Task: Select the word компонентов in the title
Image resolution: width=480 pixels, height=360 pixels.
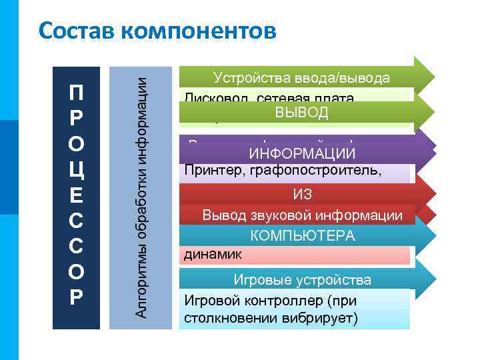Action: coord(197,31)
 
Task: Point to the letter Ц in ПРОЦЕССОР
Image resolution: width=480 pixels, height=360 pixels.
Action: coord(76,167)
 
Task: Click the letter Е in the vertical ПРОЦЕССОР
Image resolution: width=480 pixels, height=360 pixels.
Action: coord(76,193)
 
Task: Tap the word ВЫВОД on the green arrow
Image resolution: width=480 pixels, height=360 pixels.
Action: coord(302,111)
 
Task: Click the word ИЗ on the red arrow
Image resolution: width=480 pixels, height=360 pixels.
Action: coord(303,195)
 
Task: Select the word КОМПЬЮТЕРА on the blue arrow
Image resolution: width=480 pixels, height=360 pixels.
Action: coord(303,236)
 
